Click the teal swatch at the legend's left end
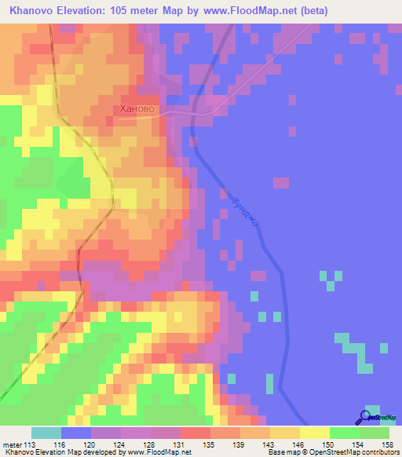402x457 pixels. point(46,433)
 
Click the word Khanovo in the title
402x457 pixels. point(33,10)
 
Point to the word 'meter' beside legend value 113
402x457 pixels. point(13,444)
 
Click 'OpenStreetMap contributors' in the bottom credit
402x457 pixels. point(350,452)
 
